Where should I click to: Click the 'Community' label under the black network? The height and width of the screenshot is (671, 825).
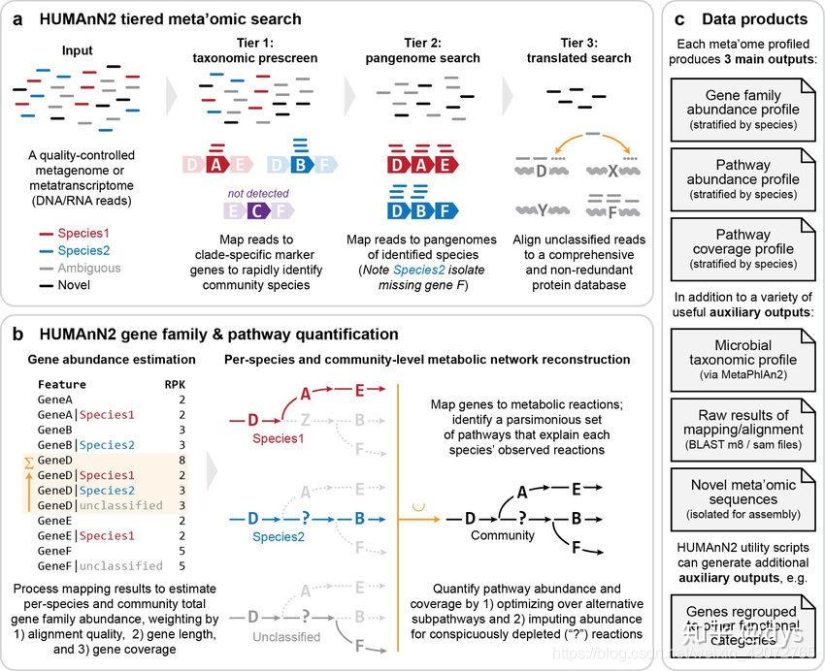point(503,535)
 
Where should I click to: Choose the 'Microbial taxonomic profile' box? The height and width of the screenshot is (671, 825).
point(743,353)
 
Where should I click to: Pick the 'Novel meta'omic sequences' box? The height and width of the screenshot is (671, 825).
point(743,493)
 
